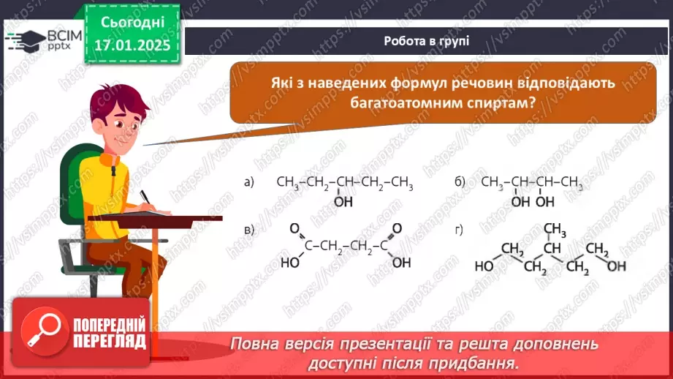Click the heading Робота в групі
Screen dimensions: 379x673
point(426,41)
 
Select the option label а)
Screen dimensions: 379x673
point(249,182)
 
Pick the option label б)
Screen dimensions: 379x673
point(460,182)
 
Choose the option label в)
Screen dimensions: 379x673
point(249,231)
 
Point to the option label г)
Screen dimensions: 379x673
point(459,231)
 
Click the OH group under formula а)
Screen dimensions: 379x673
point(343,201)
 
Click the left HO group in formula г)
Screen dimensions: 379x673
point(484,266)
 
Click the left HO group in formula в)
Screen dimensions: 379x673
point(291,261)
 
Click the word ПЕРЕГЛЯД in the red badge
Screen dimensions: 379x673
point(109,342)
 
